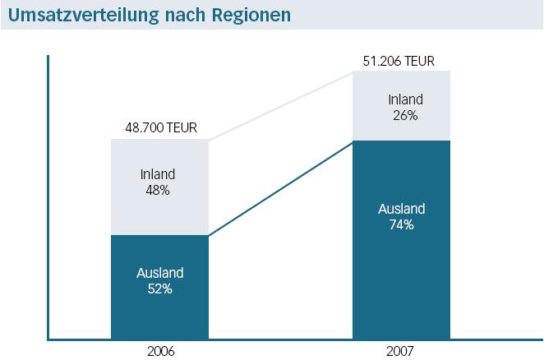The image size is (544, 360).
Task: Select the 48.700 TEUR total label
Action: [160, 129]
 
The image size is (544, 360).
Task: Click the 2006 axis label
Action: [160, 351]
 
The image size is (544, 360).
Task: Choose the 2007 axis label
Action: [401, 351]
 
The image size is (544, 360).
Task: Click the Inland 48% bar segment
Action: [160, 187]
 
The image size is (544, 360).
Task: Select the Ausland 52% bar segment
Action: [160, 287]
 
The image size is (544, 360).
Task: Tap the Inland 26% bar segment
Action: [402, 106]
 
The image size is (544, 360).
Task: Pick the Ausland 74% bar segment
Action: [402, 238]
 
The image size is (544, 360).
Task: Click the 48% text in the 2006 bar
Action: [159, 190]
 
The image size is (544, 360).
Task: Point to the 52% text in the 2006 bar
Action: [160, 288]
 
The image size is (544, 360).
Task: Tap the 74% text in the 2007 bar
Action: [402, 224]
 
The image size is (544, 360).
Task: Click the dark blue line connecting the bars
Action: [280, 189]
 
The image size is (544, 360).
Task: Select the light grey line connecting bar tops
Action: [280, 105]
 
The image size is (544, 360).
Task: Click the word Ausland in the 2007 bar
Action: [402, 209]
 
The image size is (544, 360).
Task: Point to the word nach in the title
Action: [186, 16]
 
